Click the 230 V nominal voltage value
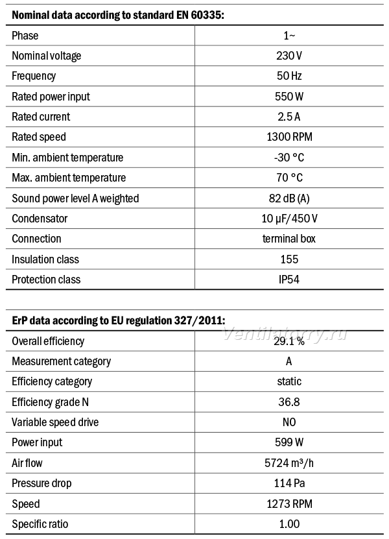click(x=289, y=56)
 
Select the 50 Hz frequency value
click(x=289, y=76)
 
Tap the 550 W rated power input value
click(x=289, y=96)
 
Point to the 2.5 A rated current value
click(x=289, y=117)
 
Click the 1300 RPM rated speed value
click(x=289, y=137)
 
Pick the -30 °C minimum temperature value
click(x=289, y=158)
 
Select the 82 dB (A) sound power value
click(x=289, y=198)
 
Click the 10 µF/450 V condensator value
click(x=289, y=219)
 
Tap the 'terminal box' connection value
click(x=289, y=239)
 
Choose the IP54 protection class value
click(x=289, y=280)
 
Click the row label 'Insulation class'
click(x=45, y=259)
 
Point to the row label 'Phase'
click(x=25, y=36)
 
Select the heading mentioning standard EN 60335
click(x=118, y=15)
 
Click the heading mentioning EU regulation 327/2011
click(x=119, y=320)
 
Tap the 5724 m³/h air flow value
click(x=289, y=463)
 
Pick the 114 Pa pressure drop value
click(x=289, y=483)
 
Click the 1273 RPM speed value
click(x=289, y=504)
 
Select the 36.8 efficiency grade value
click(x=289, y=402)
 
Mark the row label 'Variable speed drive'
click(x=55, y=422)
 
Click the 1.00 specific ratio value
click(x=289, y=524)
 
